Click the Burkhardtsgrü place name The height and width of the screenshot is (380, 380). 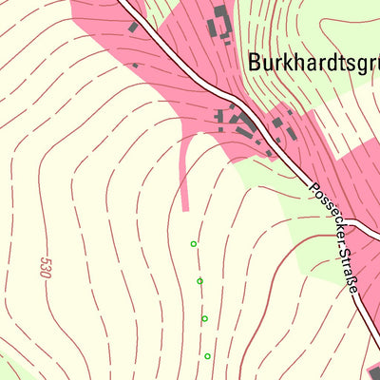[313, 63]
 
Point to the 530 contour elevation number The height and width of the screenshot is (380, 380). [45, 267]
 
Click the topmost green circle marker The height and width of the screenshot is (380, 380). [194, 244]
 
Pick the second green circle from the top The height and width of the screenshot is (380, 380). [199, 281]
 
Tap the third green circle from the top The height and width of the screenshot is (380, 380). [204, 318]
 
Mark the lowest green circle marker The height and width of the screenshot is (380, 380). [207, 356]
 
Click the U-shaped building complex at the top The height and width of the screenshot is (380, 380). [220, 24]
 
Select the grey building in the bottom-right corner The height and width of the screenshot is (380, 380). [374, 371]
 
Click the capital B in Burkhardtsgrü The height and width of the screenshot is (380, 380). [255, 63]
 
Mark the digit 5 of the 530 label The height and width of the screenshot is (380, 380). [45, 258]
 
